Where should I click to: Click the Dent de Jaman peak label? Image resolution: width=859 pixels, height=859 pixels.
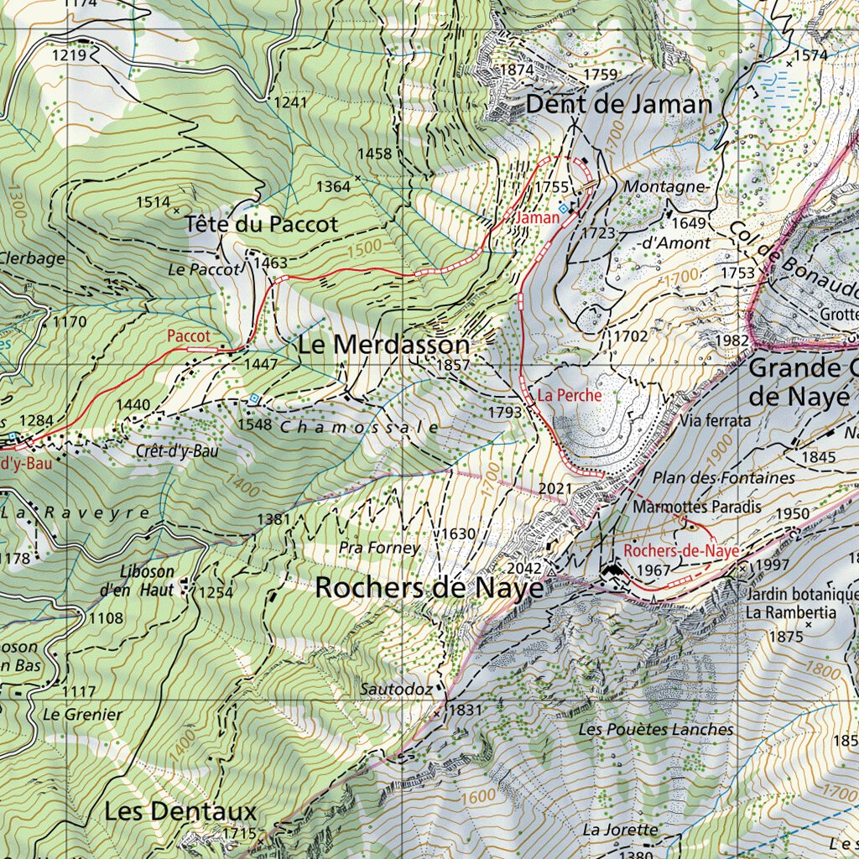619,105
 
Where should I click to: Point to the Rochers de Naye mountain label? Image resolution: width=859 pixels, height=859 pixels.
429,588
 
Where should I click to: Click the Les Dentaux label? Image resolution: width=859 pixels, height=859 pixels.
180,811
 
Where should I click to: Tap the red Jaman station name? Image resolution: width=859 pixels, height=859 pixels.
539,217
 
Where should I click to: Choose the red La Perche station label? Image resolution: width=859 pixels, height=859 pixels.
570,395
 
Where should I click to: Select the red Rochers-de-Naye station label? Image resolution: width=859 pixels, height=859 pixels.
681,551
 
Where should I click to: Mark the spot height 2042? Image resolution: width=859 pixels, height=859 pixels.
526,568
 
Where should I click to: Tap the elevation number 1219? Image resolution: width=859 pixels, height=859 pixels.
69,55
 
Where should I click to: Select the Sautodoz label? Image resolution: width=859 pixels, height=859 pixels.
396,689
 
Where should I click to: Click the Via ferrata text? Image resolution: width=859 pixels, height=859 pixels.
716,421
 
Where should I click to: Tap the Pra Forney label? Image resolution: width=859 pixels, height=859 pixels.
379,548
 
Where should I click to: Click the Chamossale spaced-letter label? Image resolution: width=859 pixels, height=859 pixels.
359,427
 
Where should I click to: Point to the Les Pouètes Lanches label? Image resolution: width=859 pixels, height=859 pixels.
655,729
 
